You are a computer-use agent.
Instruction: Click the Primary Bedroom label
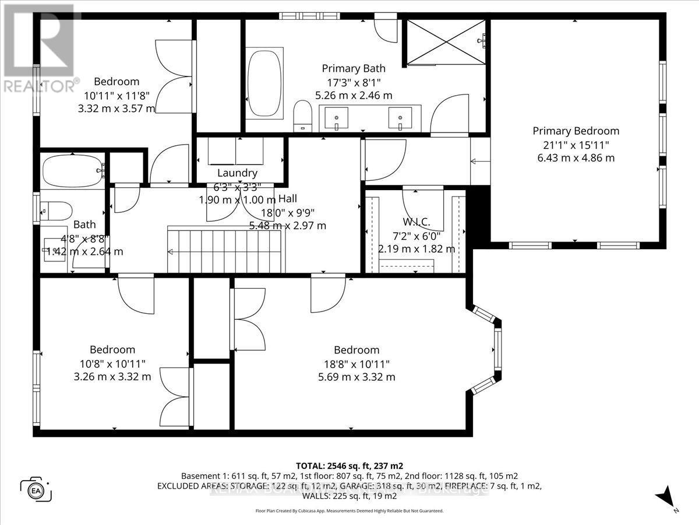pos(576,131)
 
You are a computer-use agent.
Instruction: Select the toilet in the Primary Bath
pos(302,115)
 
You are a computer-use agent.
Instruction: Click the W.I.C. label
pos(416,222)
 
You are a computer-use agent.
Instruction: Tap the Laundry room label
pos(237,173)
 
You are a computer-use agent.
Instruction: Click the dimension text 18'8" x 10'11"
pos(356,364)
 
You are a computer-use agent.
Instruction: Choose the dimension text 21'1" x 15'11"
pos(576,145)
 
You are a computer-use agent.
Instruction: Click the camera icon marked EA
pos(36,488)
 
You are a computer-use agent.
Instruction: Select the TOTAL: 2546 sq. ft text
pos(349,466)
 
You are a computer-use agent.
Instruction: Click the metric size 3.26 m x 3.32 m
pos(112,377)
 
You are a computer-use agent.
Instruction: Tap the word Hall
pos(288,199)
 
